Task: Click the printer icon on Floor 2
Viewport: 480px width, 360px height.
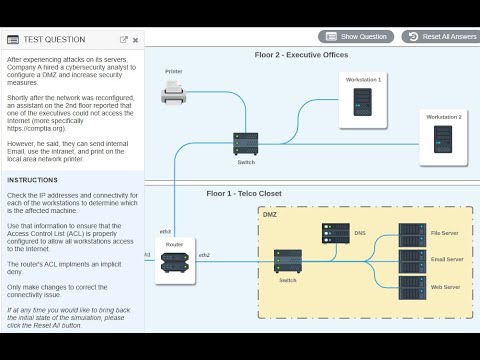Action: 174,94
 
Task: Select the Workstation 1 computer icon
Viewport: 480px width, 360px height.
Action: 363,102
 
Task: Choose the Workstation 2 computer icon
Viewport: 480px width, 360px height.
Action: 444,140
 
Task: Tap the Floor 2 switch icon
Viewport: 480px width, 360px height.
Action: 246,143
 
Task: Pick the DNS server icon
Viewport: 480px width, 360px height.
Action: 335,233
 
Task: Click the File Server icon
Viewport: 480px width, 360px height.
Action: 411,234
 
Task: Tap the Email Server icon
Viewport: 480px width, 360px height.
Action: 411,260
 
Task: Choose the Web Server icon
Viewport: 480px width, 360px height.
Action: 411,286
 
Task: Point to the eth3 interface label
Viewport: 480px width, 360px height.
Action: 166,231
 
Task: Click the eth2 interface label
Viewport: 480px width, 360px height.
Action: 204,255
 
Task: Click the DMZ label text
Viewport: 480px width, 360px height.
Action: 270,215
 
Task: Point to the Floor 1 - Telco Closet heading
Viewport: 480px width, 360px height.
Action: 246,193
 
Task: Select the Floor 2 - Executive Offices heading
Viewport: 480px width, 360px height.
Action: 301,54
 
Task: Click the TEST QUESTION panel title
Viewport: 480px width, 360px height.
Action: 53,40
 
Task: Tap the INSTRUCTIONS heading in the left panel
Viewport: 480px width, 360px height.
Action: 32,180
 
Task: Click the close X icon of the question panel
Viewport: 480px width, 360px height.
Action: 137,40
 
